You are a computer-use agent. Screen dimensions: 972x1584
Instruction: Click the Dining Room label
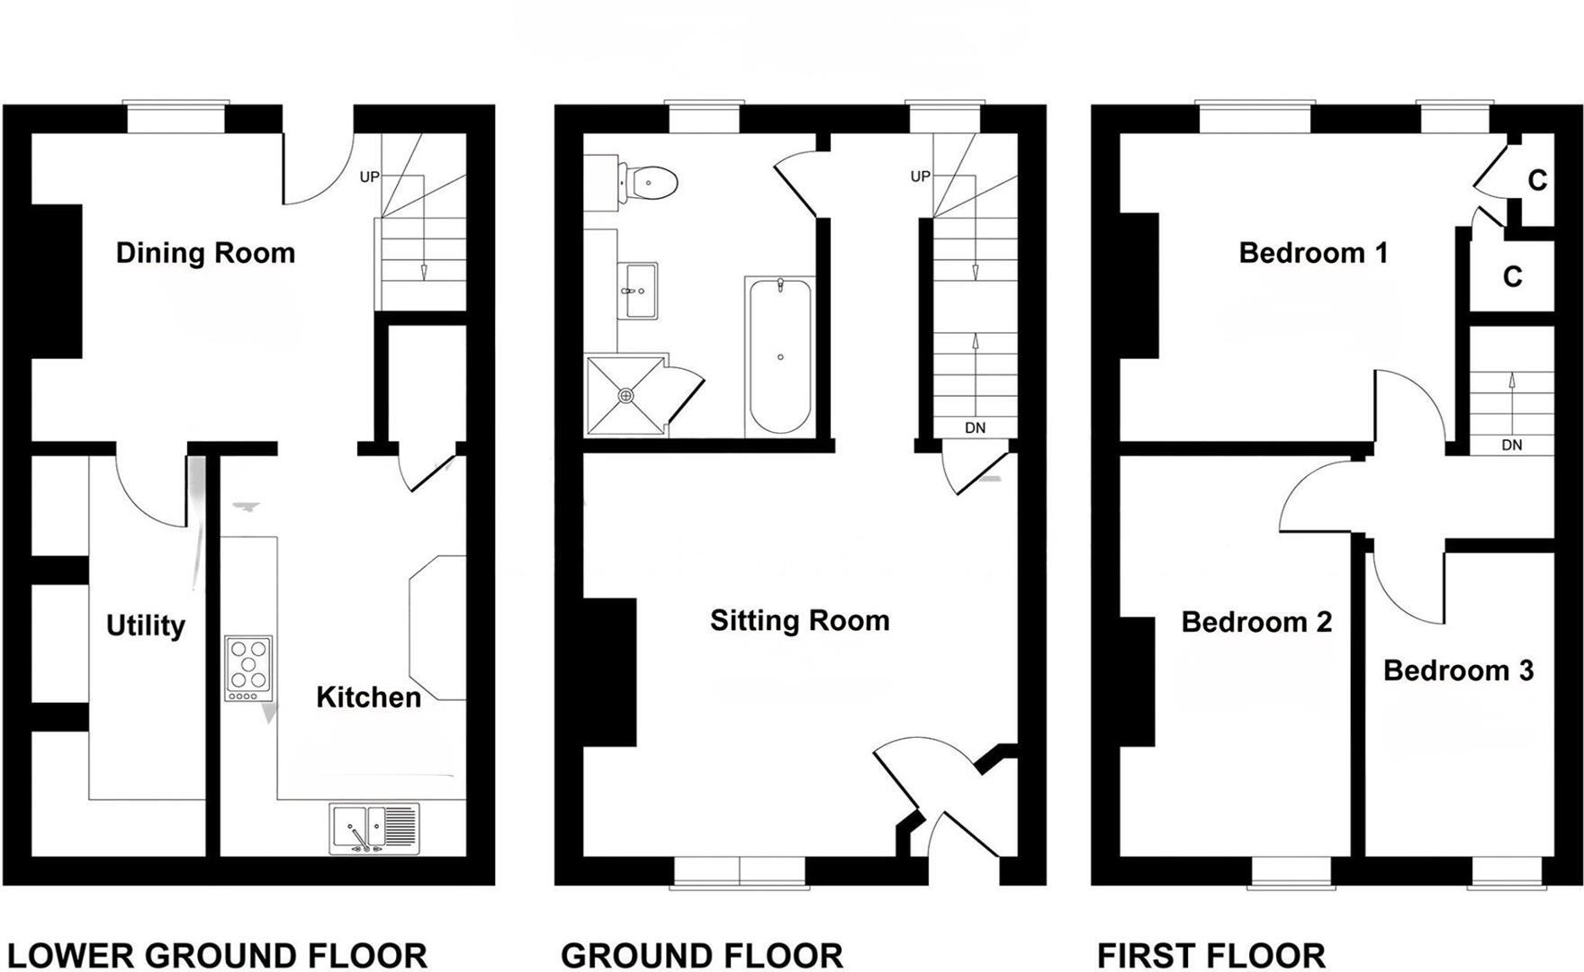(205, 253)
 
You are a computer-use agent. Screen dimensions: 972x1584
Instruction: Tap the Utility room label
(146, 625)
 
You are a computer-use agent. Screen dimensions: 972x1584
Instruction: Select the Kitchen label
(368, 697)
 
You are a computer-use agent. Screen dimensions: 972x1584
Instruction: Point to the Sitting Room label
(799, 620)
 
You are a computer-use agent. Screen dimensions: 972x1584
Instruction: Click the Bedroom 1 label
(1313, 253)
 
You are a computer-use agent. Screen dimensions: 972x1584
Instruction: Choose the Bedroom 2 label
(1256, 622)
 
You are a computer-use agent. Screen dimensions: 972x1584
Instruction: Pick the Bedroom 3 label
(1458, 670)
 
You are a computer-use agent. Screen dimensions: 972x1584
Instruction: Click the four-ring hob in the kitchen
(248, 669)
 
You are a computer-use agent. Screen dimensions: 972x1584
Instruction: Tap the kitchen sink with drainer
(373, 828)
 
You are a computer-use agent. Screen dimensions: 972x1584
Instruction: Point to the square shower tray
(625, 395)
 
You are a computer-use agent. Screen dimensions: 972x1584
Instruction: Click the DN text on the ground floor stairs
(975, 428)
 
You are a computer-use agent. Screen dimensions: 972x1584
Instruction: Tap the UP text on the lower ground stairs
(369, 177)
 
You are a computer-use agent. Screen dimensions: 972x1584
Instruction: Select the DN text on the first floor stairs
(1512, 445)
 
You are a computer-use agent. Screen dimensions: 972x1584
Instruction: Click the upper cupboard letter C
(1537, 181)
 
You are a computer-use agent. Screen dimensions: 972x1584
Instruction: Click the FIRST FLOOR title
(1210, 955)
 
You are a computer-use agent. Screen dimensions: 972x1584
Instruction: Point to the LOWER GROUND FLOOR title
(217, 955)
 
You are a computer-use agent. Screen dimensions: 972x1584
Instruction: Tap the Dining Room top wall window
(175, 119)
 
